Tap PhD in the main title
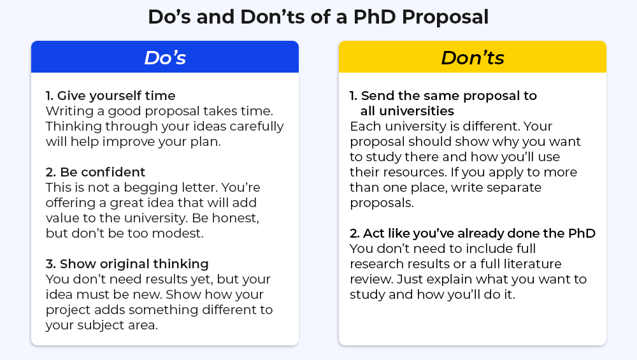coord(375,17)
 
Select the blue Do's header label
coord(165,58)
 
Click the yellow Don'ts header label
coord(473,58)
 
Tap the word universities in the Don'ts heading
coord(407,111)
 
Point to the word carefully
coord(257,127)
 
